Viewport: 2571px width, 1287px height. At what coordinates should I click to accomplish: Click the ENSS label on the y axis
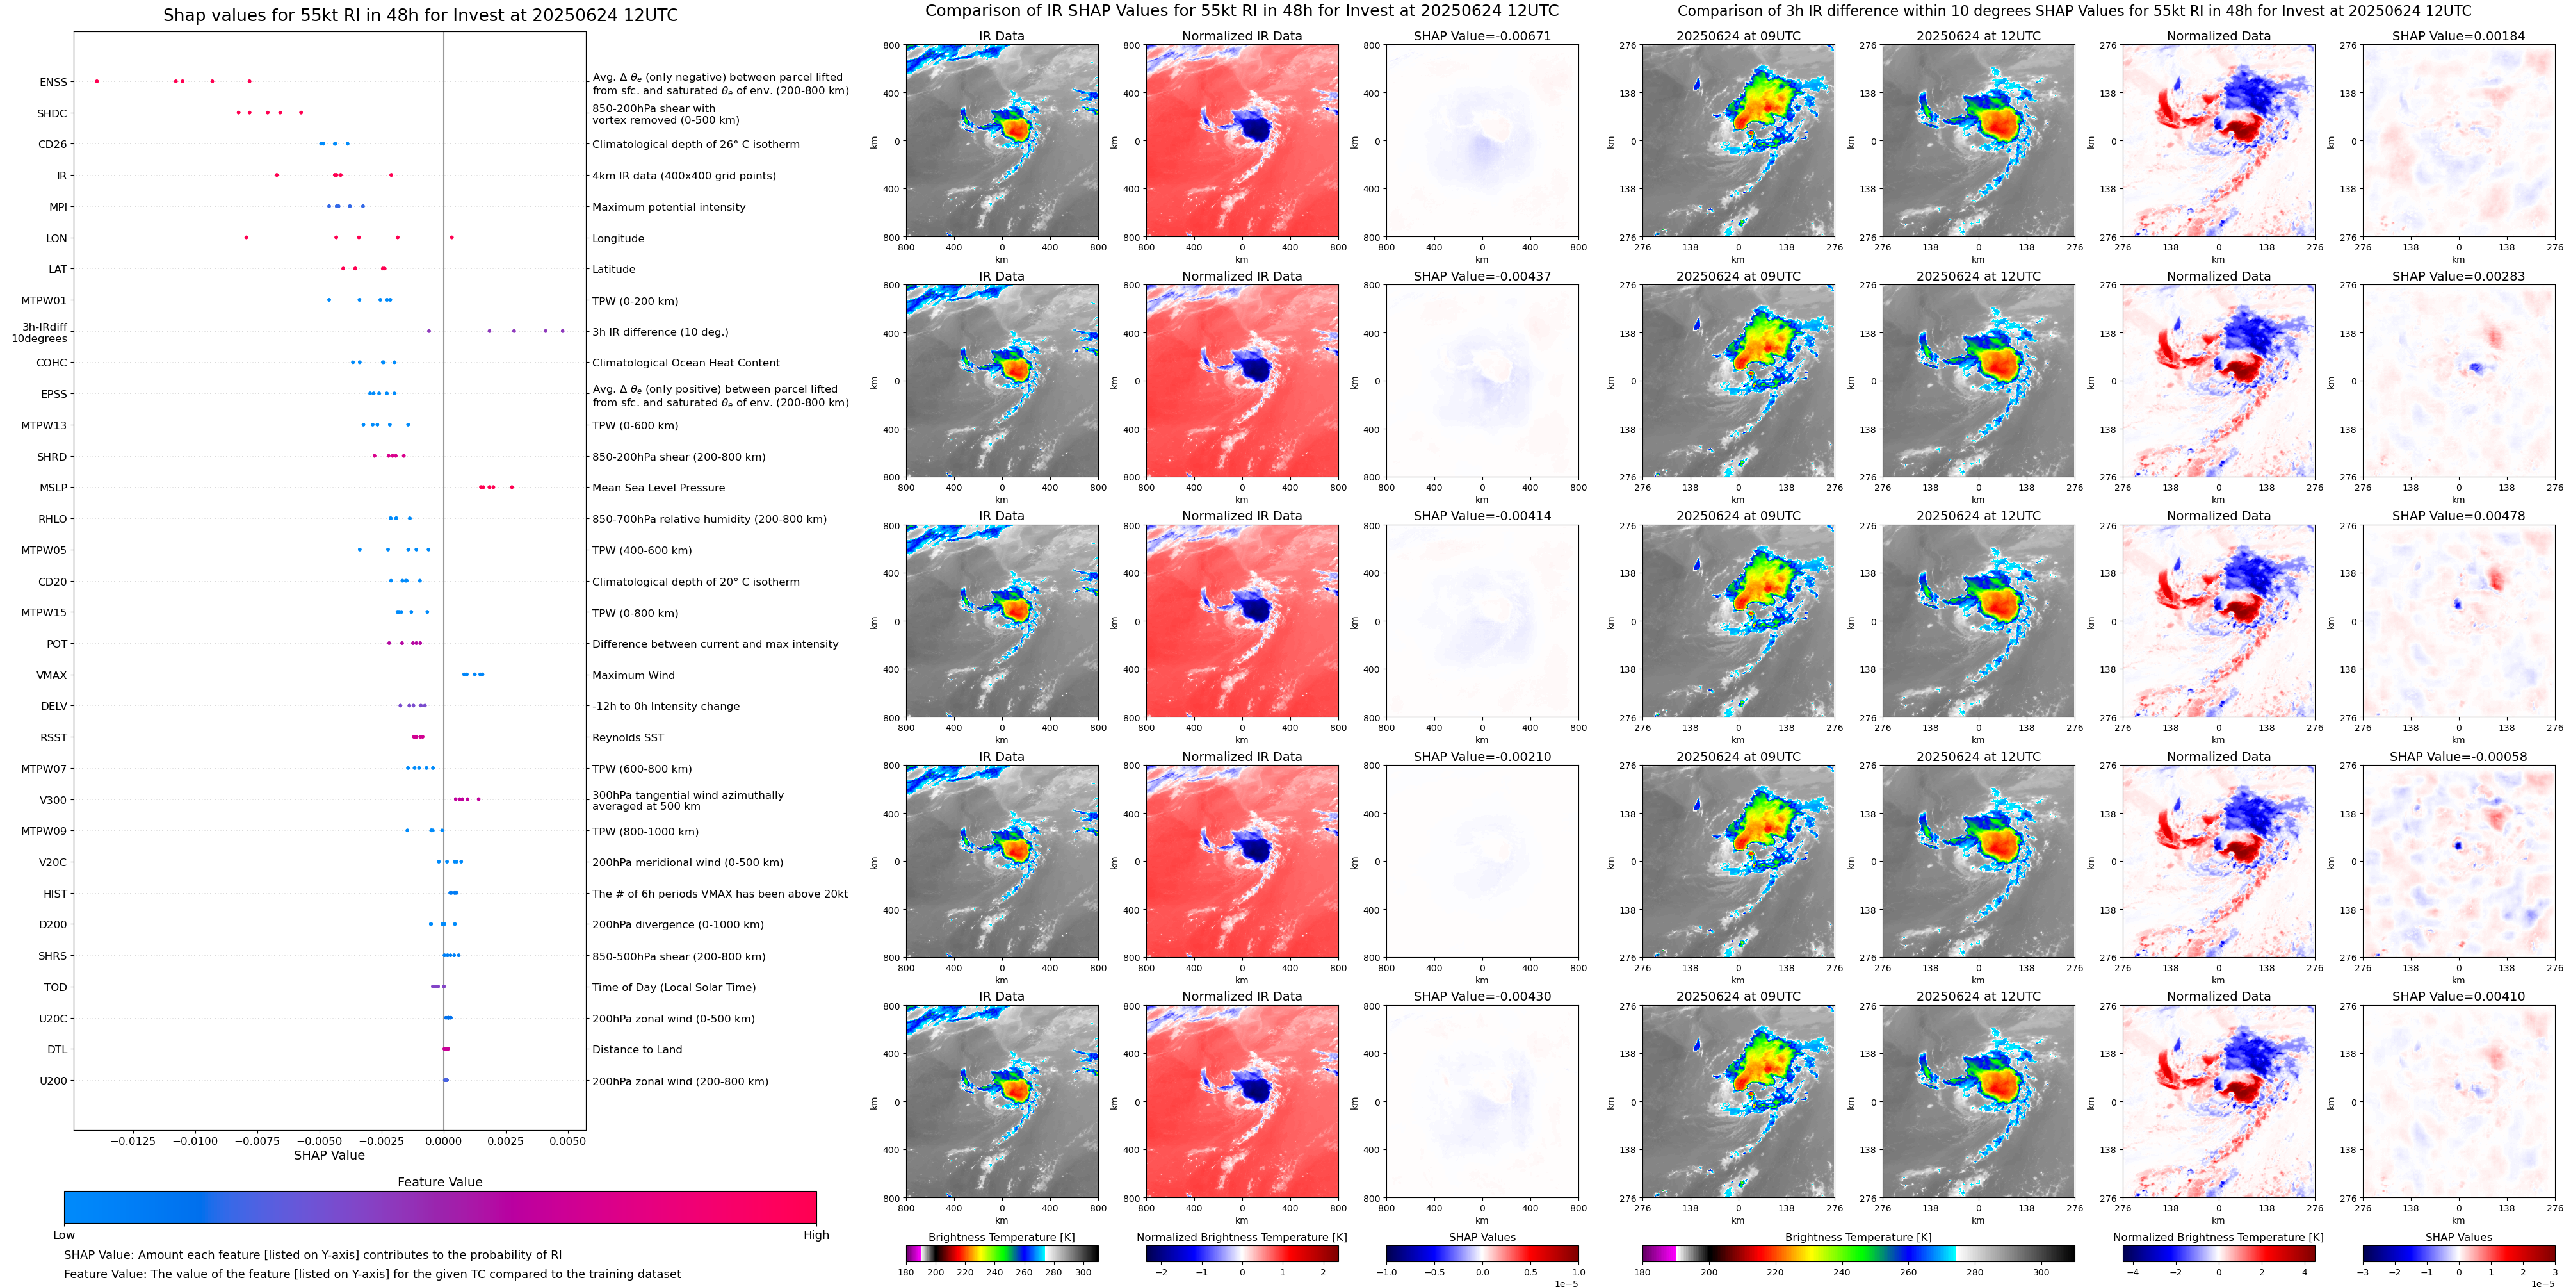click(53, 83)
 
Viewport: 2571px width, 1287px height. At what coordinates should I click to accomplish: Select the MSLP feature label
click(53, 488)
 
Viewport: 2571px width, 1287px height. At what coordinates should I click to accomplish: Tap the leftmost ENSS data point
click(97, 81)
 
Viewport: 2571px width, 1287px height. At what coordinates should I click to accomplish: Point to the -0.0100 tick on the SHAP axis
click(195, 1140)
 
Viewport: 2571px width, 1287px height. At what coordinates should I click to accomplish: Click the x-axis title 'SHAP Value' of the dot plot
click(329, 1155)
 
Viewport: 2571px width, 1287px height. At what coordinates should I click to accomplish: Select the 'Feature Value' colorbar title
click(439, 1182)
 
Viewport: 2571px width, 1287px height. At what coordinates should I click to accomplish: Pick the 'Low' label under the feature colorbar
click(64, 1235)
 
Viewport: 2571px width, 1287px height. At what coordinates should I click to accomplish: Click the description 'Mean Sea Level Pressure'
click(659, 488)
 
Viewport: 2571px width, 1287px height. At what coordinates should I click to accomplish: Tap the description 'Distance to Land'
click(637, 1049)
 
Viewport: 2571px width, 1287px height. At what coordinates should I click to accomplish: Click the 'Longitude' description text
click(618, 238)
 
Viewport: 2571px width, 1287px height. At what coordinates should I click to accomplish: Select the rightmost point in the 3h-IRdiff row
click(563, 331)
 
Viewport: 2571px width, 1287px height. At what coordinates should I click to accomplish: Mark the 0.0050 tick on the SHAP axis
click(568, 1140)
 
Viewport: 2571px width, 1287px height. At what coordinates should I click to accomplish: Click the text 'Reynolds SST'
click(628, 738)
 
